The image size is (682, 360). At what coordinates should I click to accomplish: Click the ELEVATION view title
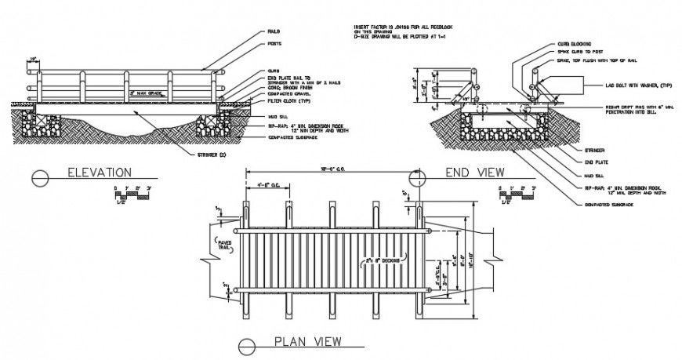tap(98, 173)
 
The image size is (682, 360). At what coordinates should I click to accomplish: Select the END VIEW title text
tap(475, 173)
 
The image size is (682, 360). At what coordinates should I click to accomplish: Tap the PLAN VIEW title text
tap(306, 341)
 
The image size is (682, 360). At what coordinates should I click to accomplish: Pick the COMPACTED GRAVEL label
tap(290, 93)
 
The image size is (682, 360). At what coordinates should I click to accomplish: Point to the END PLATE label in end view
tap(596, 162)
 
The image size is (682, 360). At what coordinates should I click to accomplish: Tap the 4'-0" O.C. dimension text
tap(269, 185)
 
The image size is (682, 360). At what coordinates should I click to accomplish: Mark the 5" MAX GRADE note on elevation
tap(145, 93)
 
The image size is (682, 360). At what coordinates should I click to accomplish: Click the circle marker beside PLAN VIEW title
tap(248, 344)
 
